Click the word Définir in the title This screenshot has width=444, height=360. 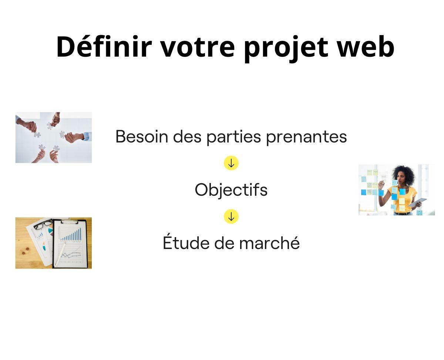pos(104,47)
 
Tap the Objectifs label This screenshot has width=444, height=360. pos(231,190)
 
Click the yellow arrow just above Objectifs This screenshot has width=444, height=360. pos(231,163)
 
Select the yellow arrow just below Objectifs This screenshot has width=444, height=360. pos(231,216)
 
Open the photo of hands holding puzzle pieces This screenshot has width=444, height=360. pos(54,137)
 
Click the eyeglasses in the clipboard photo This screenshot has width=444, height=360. pos(44,224)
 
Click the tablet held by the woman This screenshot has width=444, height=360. pos(418,202)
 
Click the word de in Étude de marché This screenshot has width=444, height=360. pos(223,243)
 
